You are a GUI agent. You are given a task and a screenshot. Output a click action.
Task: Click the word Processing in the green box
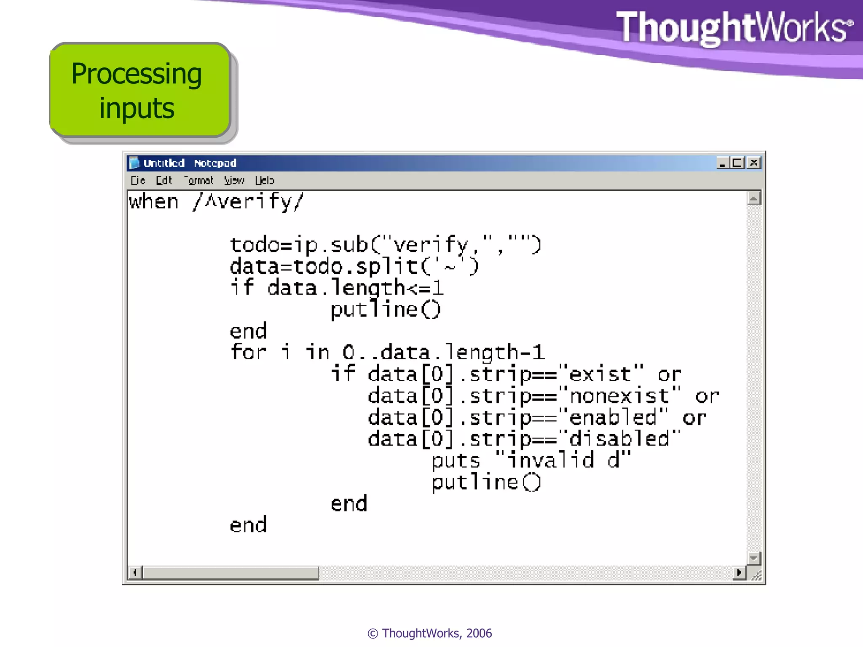coord(136,74)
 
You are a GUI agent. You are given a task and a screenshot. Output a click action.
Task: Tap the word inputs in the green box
coord(137,108)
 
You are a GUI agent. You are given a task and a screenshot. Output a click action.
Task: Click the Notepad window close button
coord(754,163)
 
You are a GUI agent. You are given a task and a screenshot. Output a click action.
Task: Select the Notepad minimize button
coord(723,163)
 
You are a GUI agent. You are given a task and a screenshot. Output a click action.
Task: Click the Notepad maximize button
coord(738,163)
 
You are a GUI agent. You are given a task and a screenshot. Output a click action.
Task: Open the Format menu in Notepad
coord(199,181)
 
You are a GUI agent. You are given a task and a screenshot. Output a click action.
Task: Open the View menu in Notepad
coord(234,181)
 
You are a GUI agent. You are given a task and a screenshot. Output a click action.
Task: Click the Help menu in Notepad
coord(264,181)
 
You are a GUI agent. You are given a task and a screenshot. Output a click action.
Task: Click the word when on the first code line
coord(153,202)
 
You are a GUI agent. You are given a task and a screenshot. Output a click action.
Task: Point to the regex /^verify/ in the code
coord(248,202)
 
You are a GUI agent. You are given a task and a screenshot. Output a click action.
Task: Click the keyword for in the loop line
coord(248,352)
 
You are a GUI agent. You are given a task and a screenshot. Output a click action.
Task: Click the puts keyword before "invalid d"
coord(456,460)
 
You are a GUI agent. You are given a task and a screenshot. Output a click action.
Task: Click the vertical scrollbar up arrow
coord(753,198)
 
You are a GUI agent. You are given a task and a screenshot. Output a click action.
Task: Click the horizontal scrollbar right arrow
coord(738,572)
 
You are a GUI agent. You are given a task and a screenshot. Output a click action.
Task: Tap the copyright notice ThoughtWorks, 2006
coord(429,633)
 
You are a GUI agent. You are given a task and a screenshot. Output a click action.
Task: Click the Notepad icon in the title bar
coord(134,163)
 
